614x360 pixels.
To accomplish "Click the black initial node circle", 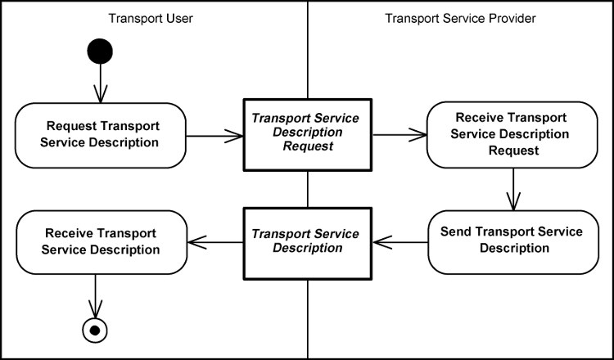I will [100, 52].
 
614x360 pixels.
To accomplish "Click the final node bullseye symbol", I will [96, 330].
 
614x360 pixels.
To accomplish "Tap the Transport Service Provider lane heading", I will [460, 18].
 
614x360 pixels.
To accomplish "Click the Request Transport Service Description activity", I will [102, 135].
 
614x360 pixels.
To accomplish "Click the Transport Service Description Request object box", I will [307, 134].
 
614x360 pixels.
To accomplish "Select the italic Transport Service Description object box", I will [307, 241].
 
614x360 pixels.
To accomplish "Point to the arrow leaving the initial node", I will [100, 83].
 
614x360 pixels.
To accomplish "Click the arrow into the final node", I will [96, 295].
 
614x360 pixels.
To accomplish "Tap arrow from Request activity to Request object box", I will [215, 135].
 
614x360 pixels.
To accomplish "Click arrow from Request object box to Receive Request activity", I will [399, 135].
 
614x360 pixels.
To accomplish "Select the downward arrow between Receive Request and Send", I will [513, 189].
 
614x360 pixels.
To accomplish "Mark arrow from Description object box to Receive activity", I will [215, 241].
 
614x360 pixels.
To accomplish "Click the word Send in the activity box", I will [456, 232].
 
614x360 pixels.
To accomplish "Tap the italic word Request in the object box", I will [307, 146].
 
